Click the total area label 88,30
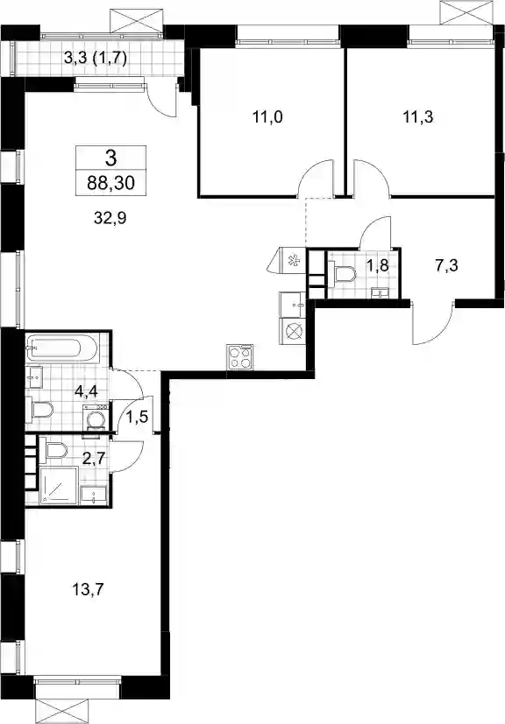(x=111, y=183)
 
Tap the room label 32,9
(x=110, y=217)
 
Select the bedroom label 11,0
(x=267, y=117)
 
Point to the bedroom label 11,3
(x=418, y=117)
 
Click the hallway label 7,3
(x=446, y=266)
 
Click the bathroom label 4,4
(x=86, y=393)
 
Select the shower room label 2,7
(x=96, y=458)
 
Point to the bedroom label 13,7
(x=88, y=590)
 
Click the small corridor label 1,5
(x=137, y=418)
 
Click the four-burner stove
(x=240, y=357)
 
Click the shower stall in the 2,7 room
(x=59, y=485)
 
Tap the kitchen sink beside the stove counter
(x=292, y=305)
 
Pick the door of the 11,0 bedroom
(x=316, y=179)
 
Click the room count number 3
(x=111, y=158)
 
